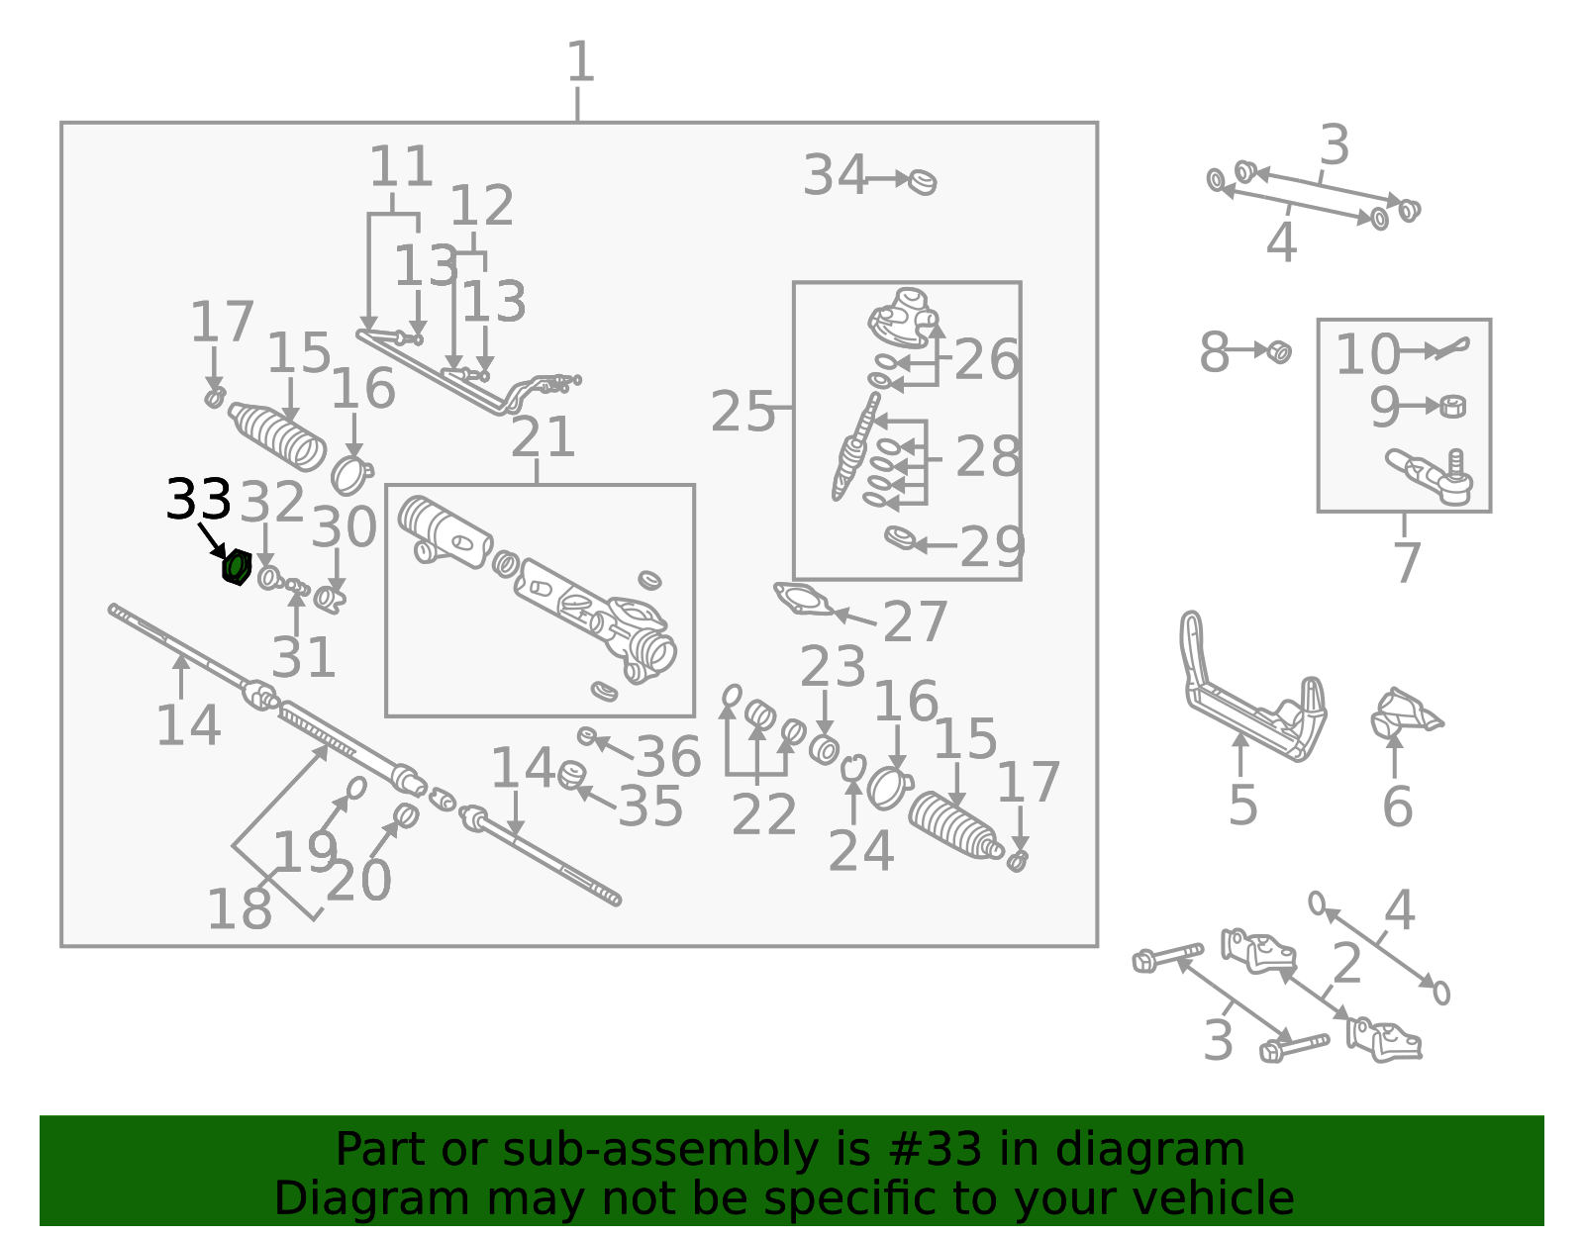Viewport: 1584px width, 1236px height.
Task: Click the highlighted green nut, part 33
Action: coord(237,567)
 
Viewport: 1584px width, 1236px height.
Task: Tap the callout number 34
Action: coord(835,175)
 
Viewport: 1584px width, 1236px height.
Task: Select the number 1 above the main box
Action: coord(580,62)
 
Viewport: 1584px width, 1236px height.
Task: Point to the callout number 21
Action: coord(543,437)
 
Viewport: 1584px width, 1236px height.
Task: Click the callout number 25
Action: coord(742,412)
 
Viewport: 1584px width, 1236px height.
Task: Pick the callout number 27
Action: coord(915,622)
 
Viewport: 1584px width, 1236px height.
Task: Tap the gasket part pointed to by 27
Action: coord(803,600)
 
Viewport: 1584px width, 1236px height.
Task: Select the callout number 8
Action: coord(1215,353)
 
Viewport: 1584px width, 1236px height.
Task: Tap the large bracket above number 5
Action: coord(1251,689)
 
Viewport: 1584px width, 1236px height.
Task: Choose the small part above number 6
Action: coord(1404,713)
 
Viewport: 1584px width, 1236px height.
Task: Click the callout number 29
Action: coord(992,547)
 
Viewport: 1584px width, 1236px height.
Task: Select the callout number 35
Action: coord(650,807)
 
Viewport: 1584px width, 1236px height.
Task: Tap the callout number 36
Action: coord(668,756)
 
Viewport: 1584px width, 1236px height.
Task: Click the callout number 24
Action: coord(861,851)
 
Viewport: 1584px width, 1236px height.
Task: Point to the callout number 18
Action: coord(240,909)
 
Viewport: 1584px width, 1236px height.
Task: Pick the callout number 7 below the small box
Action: coord(1407,562)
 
